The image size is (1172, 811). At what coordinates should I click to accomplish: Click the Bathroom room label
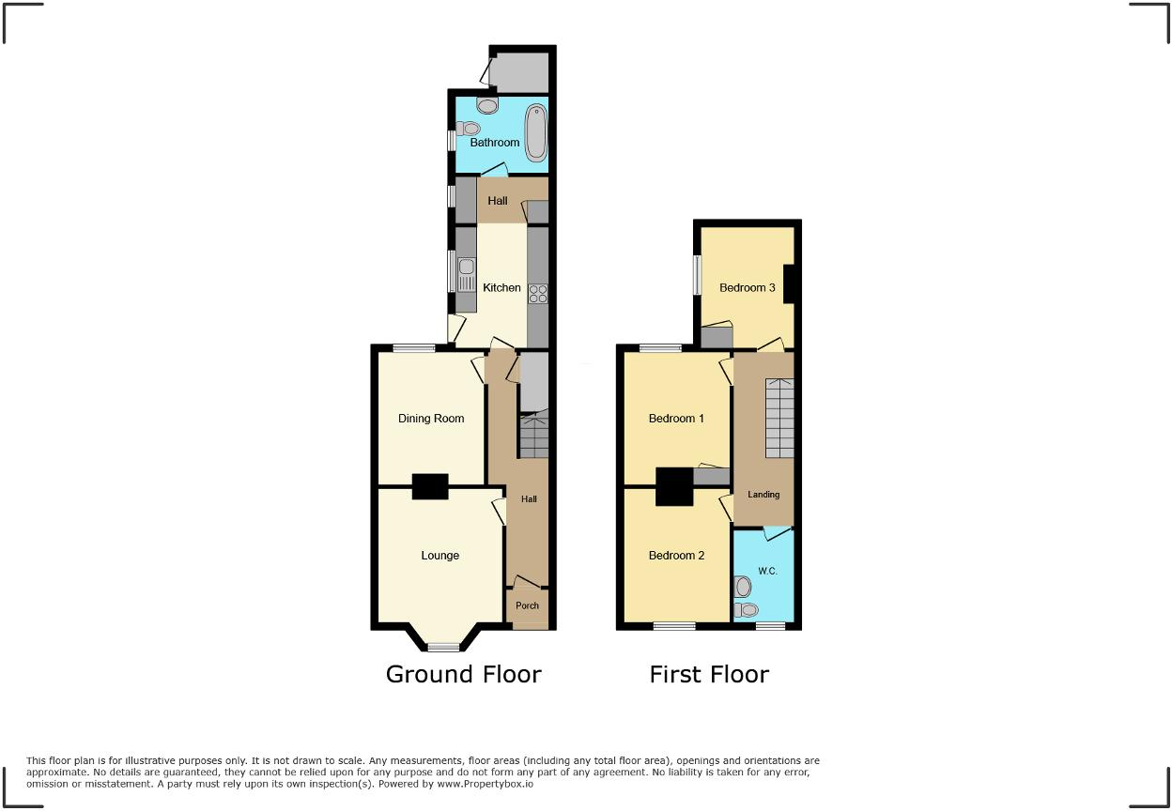(x=495, y=143)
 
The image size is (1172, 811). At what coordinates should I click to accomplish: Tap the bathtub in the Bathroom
(x=535, y=130)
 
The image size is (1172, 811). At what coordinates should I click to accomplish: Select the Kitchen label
(x=501, y=287)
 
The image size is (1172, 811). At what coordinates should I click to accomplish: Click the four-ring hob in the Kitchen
(x=538, y=293)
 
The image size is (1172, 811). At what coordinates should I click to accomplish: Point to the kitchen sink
(x=467, y=272)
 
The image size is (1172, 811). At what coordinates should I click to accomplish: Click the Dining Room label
(x=431, y=419)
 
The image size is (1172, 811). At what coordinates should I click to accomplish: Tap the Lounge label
(x=439, y=556)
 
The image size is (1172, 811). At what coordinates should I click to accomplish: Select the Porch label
(x=528, y=605)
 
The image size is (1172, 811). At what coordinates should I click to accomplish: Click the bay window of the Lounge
(x=443, y=646)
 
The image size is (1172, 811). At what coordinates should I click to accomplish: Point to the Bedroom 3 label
(x=748, y=287)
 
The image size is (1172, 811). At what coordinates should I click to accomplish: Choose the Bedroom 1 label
(x=676, y=419)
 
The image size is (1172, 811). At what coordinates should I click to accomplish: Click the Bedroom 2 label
(x=676, y=556)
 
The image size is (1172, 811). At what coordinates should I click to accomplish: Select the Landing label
(x=763, y=495)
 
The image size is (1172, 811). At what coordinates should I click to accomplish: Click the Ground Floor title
(x=464, y=674)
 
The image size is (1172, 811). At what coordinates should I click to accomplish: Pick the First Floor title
(x=709, y=674)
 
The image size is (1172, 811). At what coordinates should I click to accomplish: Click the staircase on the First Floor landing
(x=779, y=418)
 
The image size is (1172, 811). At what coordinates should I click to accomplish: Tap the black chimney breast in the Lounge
(x=430, y=486)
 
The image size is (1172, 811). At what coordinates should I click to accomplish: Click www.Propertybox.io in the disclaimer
(x=486, y=784)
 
